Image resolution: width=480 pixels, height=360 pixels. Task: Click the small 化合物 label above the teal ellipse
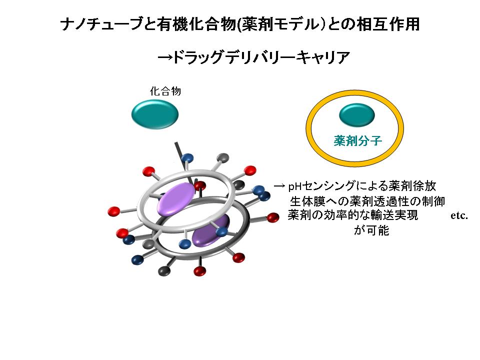click(x=165, y=91)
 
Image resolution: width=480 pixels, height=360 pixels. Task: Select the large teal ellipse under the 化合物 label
click(x=155, y=115)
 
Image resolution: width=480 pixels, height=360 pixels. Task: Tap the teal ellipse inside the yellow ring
click(x=357, y=115)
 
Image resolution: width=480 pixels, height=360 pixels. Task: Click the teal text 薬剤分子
click(x=358, y=141)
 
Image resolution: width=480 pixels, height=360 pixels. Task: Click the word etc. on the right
click(x=459, y=215)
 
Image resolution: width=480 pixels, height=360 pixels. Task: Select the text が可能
click(x=371, y=230)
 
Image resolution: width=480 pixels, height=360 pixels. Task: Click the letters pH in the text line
click(x=295, y=186)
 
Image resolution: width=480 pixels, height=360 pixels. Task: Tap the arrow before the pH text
click(x=279, y=186)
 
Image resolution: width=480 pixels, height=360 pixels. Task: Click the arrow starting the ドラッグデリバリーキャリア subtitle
click(x=165, y=57)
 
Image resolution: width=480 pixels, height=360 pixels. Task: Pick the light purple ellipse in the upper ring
click(x=176, y=198)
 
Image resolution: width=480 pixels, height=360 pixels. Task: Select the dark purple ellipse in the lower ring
click(x=210, y=230)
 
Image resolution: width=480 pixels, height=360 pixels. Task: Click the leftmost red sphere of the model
click(x=114, y=211)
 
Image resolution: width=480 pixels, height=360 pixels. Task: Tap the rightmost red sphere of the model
click(x=273, y=217)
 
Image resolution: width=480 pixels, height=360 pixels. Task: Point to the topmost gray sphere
click(x=222, y=157)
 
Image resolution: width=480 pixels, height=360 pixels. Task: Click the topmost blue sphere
click(x=187, y=158)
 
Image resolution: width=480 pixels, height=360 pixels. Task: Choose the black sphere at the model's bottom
click(x=164, y=270)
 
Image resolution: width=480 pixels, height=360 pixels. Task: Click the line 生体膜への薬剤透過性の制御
click(x=367, y=201)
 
